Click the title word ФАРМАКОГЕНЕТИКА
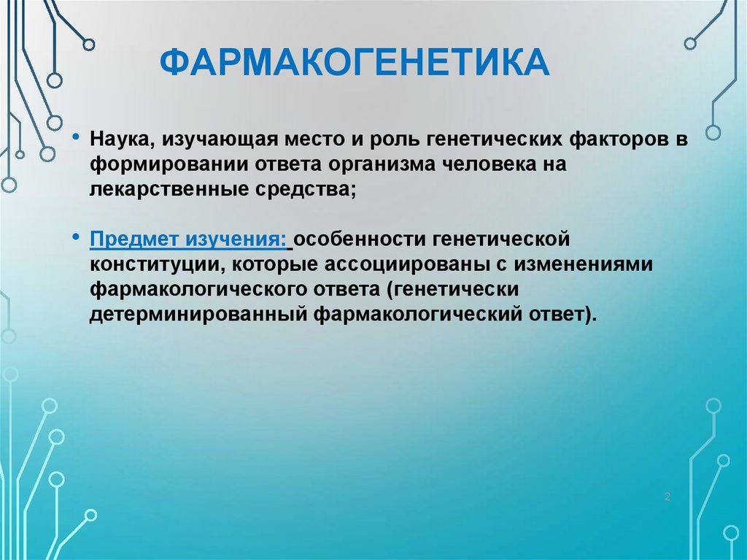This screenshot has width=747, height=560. (x=355, y=62)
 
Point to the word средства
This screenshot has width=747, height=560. (x=306, y=190)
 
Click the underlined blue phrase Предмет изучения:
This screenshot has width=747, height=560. (x=188, y=239)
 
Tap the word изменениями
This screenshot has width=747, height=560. (x=583, y=264)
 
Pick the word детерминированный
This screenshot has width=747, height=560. (x=198, y=315)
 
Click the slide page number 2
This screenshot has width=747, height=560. (x=667, y=496)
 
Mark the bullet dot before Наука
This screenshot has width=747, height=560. (x=76, y=137)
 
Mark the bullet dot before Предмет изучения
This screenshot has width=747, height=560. (x=76, y=236)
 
